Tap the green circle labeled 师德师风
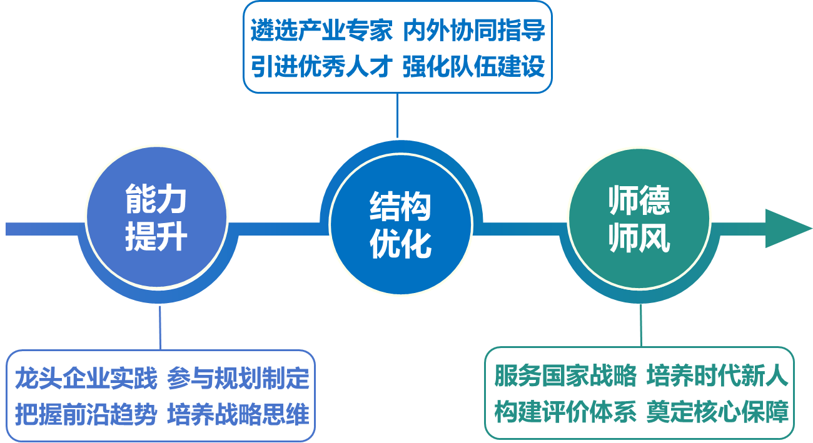639,219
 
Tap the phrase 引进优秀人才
321,66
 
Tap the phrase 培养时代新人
717,376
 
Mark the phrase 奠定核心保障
717,412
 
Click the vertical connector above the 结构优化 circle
397,116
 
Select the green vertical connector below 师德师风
641,325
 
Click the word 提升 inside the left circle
156,238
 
